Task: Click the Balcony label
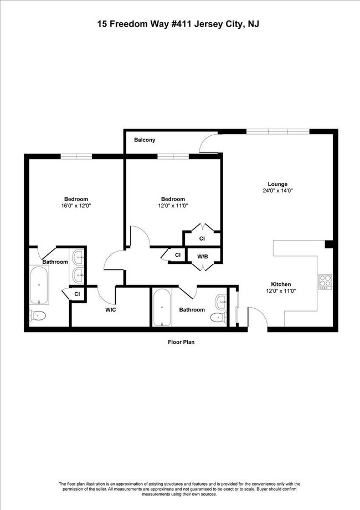145,140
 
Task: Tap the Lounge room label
277,184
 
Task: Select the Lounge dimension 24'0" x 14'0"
277,191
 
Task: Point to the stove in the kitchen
325,282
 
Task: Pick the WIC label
111,310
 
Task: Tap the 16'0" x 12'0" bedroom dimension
76,206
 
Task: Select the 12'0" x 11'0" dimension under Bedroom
173,206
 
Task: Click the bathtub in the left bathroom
39,285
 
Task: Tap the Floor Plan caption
181,342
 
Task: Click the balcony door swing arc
207,143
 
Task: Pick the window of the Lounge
277,131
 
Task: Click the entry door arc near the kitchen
256,317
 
